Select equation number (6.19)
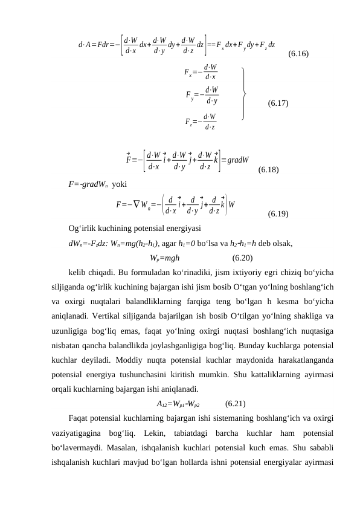(277, 214)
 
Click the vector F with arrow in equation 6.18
(129, 160)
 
